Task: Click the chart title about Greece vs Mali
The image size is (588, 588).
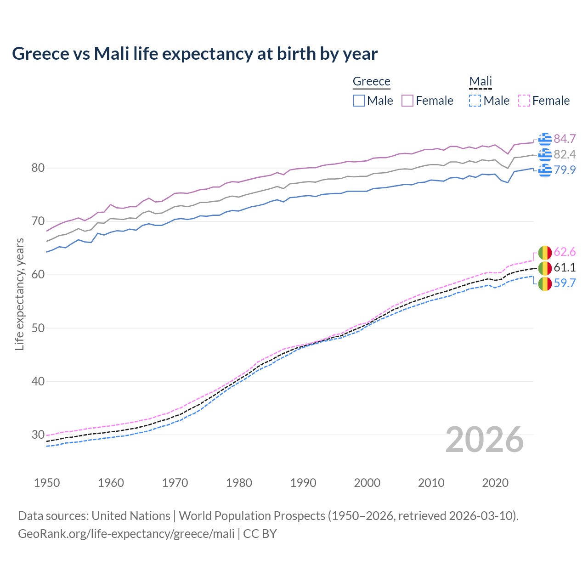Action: coord(195,54)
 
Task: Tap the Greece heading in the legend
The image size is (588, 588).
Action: coord(371,81)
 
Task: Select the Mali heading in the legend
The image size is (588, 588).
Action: coord(480,81)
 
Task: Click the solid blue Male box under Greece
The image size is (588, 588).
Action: coord(359,101)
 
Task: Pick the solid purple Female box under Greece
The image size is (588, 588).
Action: coord(408,101)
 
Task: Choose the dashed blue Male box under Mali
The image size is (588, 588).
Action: coord(475,101)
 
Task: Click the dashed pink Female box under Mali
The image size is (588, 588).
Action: coord(524,101)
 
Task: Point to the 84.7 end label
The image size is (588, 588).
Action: coord(565,139)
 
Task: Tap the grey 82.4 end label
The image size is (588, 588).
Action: coord(565,154)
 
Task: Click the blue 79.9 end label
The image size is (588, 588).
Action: coord(565,170)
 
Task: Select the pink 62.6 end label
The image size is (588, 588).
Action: coord(565,252)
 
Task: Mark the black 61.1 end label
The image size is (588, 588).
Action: coord(565,267)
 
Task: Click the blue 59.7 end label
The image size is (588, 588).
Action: coord(565,283)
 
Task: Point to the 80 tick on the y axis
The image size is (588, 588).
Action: coord(38,168)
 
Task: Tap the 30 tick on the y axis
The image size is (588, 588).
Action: coord(38,435)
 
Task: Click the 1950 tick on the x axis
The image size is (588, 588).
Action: coord(47,483)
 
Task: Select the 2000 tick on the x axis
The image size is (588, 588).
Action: coord(367,483)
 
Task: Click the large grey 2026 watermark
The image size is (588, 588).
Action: coord(484,440)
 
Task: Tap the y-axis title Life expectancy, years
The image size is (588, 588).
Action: coord(19,294)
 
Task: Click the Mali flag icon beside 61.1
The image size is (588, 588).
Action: coord(545,268)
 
